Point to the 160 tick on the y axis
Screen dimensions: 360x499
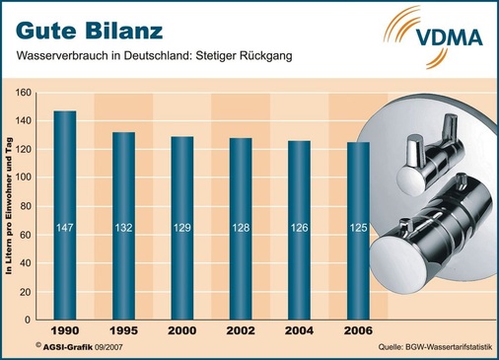coord(24,93)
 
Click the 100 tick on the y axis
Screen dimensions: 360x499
coord(24,178)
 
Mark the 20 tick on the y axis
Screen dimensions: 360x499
coord(27,290)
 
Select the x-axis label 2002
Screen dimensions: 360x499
coord(241,329)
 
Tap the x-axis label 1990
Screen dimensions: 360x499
coord(65,329)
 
